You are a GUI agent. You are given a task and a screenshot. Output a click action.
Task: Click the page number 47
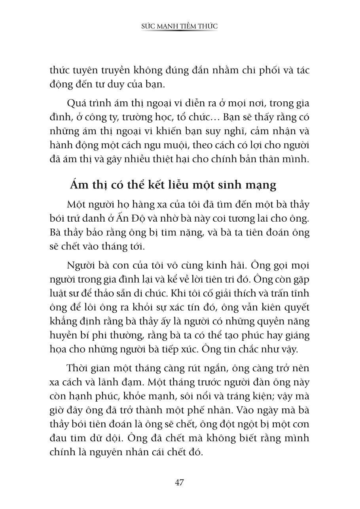pos(180,482)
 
